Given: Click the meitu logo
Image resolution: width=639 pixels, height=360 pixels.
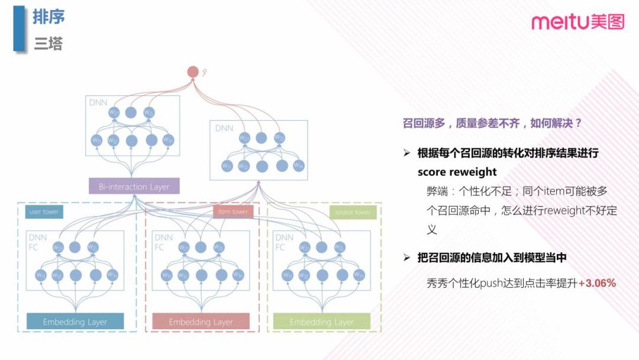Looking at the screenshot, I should pos(577,22).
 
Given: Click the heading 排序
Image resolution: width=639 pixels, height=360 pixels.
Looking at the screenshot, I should pos(49,17).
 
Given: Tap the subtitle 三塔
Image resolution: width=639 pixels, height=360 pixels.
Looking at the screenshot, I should pos(48,43).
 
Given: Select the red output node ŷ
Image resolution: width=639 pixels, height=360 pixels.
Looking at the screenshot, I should pos(193,72).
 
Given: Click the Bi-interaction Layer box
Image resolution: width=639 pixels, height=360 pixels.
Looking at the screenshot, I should pos(134,187).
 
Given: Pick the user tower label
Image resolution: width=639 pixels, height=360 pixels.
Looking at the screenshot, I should pos(44,211).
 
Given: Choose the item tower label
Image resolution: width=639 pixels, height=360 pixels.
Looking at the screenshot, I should pos(233,211).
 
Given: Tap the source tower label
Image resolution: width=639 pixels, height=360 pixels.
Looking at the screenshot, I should pos(353,212).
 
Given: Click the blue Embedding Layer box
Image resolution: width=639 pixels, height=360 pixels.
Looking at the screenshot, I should pos(75,322).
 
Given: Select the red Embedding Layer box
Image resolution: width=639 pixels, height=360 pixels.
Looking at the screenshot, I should pos(201,322).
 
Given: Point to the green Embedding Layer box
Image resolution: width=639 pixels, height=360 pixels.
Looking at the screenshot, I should pos(321,322).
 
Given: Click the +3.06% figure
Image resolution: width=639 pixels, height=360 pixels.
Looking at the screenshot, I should pos(597,283).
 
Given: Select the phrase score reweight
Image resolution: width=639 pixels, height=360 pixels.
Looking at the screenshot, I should pos(457,172).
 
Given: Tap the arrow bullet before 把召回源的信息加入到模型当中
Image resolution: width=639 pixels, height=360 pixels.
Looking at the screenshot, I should pos(406,258).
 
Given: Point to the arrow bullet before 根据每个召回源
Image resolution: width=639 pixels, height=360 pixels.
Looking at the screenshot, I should pos(406,153).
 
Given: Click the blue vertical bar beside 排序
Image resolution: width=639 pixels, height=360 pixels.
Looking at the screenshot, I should pos(20,28).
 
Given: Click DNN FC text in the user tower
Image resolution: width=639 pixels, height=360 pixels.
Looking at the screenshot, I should pos(37,242).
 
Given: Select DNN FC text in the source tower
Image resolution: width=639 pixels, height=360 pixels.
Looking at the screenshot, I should pos(284,242).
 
